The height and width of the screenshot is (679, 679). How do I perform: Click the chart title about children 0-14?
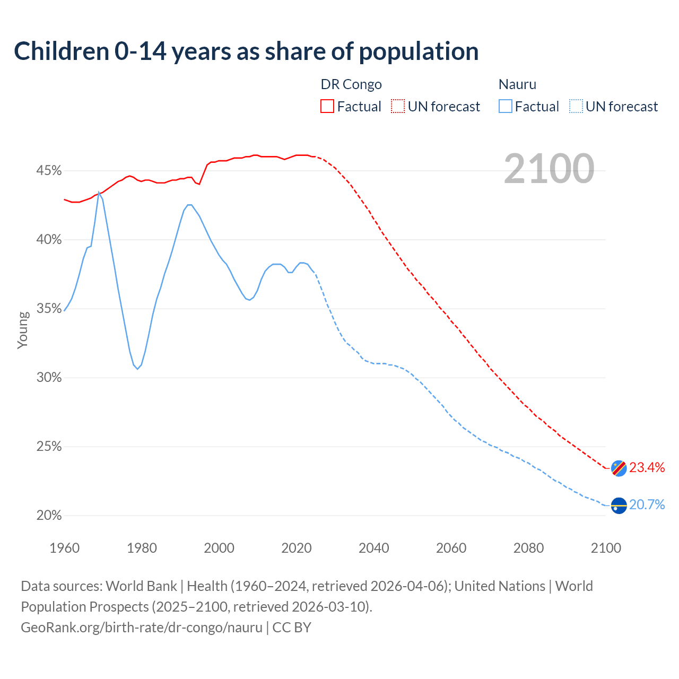click(246, 51)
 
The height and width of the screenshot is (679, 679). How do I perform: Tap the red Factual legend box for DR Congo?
click(327, 106)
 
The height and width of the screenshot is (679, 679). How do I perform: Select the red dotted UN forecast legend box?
click(398, 106)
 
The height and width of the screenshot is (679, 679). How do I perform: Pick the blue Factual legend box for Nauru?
click(506, 106)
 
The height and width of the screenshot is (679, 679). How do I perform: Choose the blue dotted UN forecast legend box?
click(576, 106)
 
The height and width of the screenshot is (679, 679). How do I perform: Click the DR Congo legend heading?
click(351, 84)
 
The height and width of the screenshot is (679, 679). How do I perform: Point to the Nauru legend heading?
click(517, 84)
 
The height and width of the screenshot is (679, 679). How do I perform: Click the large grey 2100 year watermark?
click(549, 169)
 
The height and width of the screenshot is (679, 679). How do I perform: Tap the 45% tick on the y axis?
click(49, 171)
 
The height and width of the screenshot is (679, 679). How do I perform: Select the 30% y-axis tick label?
click(49, 378)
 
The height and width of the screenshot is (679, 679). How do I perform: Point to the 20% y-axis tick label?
click(49, 516)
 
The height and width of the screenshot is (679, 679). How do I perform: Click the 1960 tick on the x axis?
click(64, 547)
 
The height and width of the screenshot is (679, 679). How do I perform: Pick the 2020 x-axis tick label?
click(297, 547)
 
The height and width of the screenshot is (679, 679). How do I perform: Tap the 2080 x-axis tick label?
click(528, 547)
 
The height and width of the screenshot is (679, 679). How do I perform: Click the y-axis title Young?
click(23, 330)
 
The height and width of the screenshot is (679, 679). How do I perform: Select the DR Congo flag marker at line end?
click(619, 468)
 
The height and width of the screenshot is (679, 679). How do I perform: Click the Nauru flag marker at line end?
click(619, 506)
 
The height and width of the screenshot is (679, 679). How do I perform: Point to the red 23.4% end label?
click(647, 467)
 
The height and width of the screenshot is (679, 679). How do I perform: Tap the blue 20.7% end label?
click(647, 504)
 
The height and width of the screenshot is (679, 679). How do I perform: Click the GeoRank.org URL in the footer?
click(142, 627)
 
